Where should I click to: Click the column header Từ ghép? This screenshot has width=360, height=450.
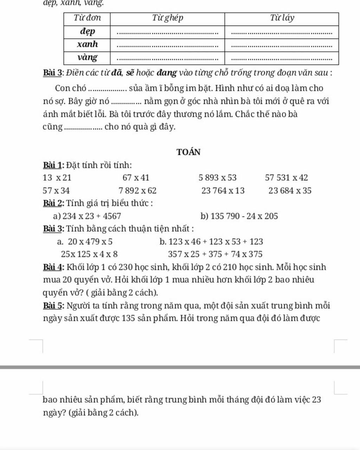pyautogui.click(x=167, y=18)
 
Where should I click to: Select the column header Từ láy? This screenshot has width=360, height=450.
pyautogui.click(x=282, y=18)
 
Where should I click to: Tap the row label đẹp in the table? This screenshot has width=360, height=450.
pyautogui.click(x=87, y=31)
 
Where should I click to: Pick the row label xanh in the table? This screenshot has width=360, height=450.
pyautogui.click(x=87, y=44)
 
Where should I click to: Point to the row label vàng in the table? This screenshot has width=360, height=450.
pyautogui.click(x=87, y=57)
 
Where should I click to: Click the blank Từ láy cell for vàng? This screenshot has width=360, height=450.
pyautogui.click(x=282, y=58)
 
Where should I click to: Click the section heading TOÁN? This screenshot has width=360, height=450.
pyautogui.click(x=188, y=152)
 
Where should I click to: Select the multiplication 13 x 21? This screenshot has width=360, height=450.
pyautogui.click(x=57, y=178)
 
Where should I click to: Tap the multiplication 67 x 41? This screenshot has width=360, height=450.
pyautogui.click(x=136, y=178)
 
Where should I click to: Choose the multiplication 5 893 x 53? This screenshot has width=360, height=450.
pyautogui.click(x=217, y=178)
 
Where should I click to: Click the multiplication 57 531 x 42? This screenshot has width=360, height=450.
pyautogui.click(x=286, y=178)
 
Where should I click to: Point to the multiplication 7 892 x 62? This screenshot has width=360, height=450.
pyautogui.click(x=137, y=191)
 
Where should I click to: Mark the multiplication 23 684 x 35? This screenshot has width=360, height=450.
pyautogui.click(x=290, y=191)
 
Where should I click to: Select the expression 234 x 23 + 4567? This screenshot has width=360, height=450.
pyautogui.click(x=91, y=216)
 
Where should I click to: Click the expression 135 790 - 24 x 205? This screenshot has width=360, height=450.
pyautogui.click(x=244, y=216)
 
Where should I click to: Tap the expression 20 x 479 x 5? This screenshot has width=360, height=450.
pyautogui.click(x=90, y=242)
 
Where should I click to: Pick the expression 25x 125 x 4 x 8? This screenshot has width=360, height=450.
pyautogui.click(x=89, y=254)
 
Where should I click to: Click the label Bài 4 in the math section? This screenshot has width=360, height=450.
pyautogui.click(x=53, y=267)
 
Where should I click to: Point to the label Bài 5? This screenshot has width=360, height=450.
pyautogui.click(x=53, y=306)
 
